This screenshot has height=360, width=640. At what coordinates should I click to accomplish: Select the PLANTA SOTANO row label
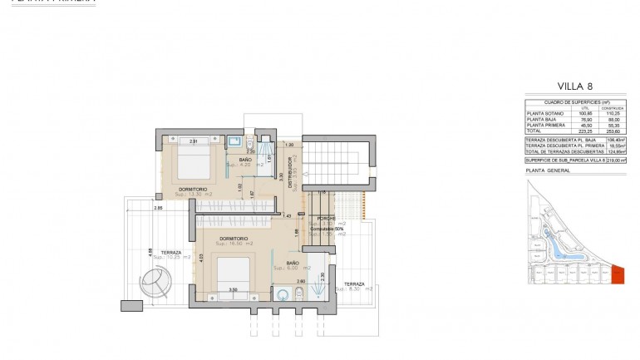pyautogui.click(x=544, y=113)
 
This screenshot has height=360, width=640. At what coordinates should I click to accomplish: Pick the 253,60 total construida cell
pyautogui.click(x=613, y=131)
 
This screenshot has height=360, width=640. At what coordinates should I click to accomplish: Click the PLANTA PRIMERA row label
pyautogui.click(x=545, y=125)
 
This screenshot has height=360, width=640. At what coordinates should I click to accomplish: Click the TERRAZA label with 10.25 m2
pyautogui.click(x=171, y=252)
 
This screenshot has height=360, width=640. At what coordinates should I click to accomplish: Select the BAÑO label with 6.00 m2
pyautogui.click(x=293, y=264)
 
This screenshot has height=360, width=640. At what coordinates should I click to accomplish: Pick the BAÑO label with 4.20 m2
pyautogui.click(x=245, y=160)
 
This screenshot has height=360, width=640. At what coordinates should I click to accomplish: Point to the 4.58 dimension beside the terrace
pyautogui.click(x=150, y=251)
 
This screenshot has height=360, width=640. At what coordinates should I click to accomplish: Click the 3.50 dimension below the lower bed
pyautogui.click(x=234, y=289)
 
